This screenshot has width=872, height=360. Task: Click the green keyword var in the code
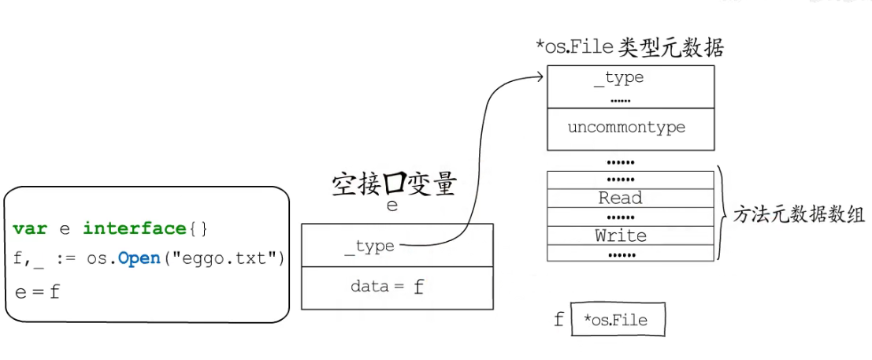31,229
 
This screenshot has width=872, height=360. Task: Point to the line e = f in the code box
37,292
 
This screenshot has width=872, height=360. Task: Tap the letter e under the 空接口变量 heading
392,206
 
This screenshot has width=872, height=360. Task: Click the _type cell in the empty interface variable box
369,246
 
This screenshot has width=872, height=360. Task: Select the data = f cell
387,288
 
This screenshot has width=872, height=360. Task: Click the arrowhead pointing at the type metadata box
540,76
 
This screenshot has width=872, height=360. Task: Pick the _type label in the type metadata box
618,77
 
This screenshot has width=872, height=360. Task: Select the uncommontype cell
626,128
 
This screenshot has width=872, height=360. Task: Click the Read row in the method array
620,198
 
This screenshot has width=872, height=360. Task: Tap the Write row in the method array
620,236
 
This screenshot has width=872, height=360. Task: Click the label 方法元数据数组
799,214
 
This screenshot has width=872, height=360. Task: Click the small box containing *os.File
617,320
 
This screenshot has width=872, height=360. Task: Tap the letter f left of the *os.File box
558,320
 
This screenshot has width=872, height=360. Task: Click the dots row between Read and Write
620,217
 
